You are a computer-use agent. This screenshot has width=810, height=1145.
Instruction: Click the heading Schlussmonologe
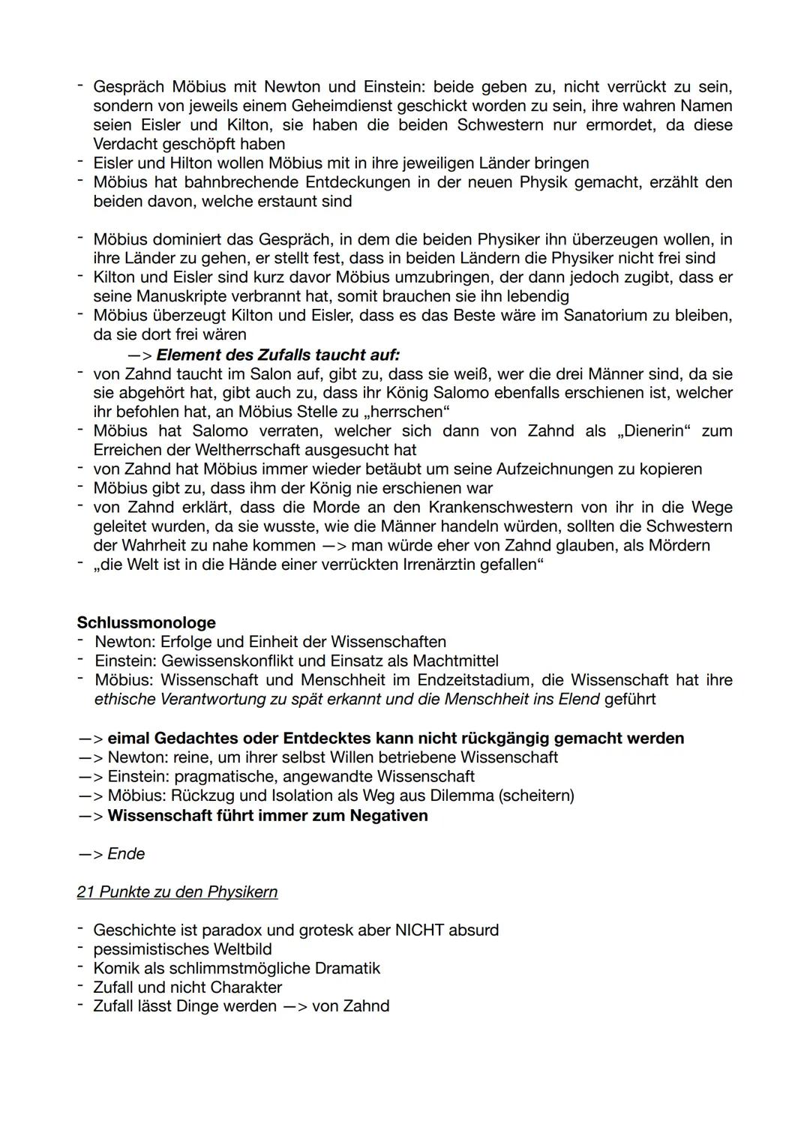[x=146, y=622]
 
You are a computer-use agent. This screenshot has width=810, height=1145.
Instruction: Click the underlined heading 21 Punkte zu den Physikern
[x=177, y=892]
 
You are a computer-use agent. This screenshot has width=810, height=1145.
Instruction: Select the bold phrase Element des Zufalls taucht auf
[x=277, y=354]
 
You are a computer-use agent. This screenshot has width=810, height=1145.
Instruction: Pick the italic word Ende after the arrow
[x=126, y=853]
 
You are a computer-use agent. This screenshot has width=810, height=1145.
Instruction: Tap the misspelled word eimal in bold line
[x=128, y=738]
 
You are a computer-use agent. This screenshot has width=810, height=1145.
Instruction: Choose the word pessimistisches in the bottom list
[x=144, y=949]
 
